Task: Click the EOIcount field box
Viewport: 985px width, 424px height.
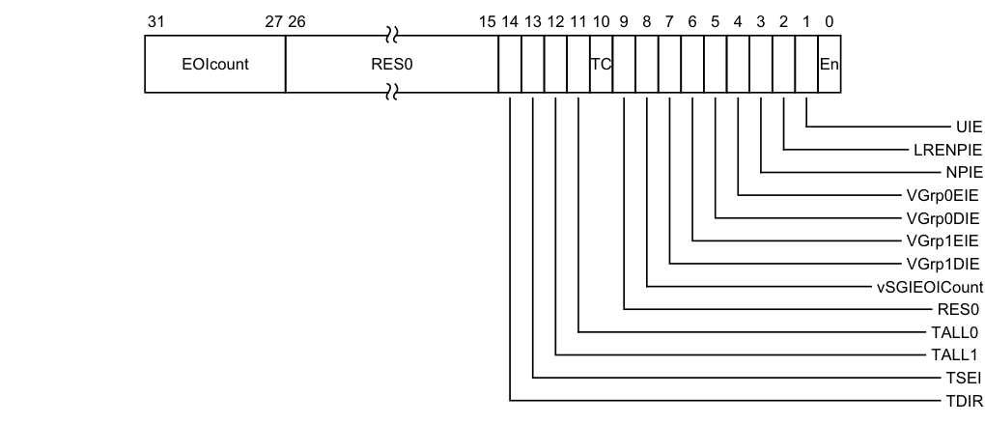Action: point(214,66)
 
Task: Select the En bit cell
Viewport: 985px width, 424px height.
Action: point(829,66)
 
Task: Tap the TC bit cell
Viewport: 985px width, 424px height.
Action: point(601,66)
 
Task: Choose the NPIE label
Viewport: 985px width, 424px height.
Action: point(964,173)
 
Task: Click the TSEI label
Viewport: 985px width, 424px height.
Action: point(965,378)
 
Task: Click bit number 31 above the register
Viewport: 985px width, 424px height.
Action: point(155,21)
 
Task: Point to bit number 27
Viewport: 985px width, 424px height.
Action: point(273,21)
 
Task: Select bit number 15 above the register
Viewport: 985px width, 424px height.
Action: point(488,21)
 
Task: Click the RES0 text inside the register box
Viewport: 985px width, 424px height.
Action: point(391,66)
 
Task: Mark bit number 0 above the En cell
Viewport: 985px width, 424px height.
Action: point(830,21)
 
